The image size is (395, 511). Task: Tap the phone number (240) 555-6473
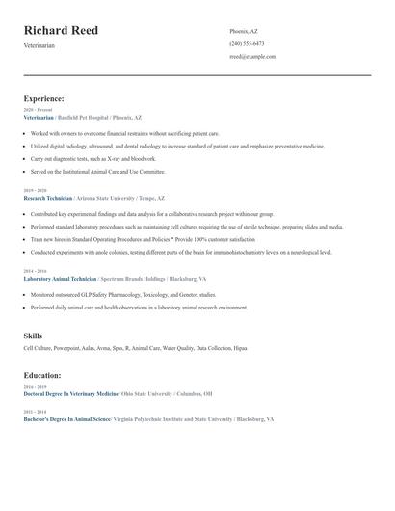point(247,44)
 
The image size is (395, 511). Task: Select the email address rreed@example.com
point(252,57)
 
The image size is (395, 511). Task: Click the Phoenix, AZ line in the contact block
point(244,32)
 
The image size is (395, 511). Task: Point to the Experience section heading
point(44,98)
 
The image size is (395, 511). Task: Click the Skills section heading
point(33,336)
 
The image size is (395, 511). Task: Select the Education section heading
point(42,375)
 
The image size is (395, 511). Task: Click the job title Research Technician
point(47,196)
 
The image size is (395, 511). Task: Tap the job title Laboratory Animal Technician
point(60,278)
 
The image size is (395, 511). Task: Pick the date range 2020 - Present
point(38,110)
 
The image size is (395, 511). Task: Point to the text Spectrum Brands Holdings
point(133,278)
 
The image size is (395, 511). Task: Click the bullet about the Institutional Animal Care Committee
point(97,171)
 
